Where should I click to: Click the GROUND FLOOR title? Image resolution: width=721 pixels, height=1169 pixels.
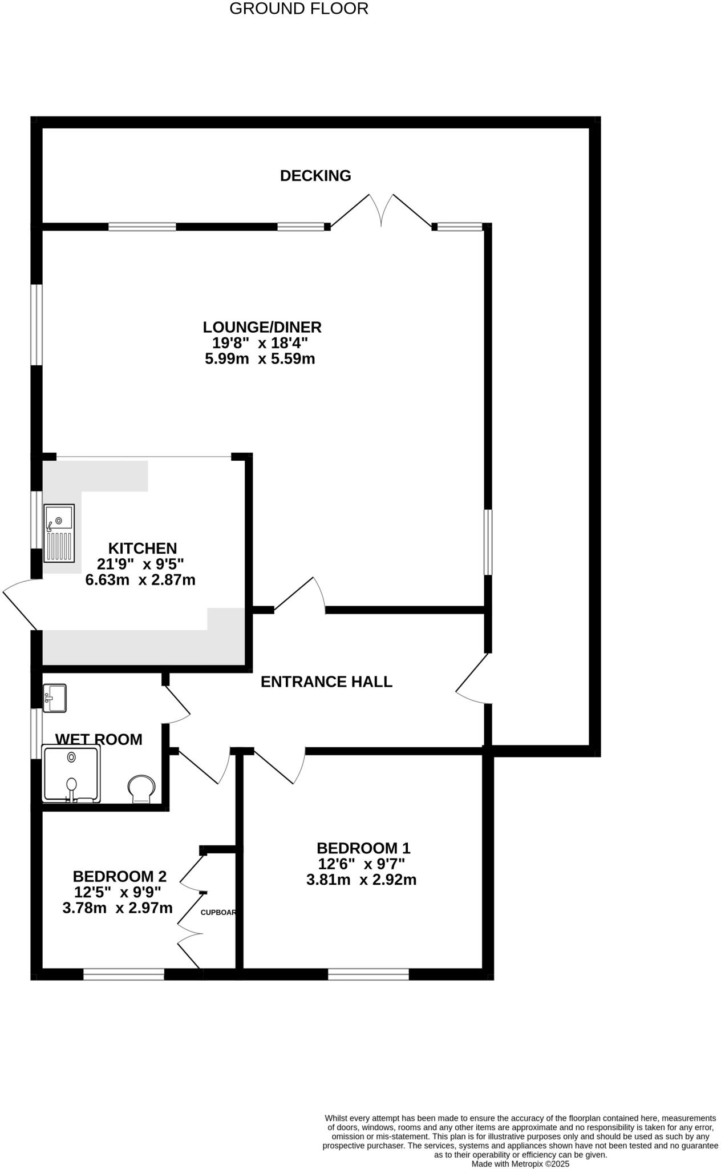click(298, 9)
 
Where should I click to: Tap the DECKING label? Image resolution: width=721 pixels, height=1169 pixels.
click(315, 176)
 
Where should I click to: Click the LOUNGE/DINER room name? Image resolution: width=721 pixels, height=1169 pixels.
click(262, 327)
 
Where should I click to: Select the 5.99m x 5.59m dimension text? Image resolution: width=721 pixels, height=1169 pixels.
click(260, 359)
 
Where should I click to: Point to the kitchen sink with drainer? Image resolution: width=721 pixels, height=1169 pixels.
click(59, 532)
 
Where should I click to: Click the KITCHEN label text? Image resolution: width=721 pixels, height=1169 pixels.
click(142, 549)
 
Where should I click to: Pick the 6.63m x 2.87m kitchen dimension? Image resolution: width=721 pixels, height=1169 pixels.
click(140, 581)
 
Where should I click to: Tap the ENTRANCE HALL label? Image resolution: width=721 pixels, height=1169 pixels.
click(326, 682)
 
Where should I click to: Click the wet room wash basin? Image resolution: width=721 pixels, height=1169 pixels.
click(55, 698)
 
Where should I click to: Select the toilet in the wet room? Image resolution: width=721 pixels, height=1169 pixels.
click(141, 788)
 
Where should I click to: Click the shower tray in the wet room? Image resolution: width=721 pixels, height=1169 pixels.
click(71, 773)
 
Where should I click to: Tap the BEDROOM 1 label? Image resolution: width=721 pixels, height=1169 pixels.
click(363, 848)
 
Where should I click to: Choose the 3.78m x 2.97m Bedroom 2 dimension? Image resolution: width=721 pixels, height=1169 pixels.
click(118, 908)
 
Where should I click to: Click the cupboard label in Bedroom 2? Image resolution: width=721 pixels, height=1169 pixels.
click(218, 913)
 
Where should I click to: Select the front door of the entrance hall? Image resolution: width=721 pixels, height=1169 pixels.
click(472, 679)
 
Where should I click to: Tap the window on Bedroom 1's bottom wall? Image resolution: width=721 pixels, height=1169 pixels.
click(368, 974)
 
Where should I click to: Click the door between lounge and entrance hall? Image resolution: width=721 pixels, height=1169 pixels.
click(299, 596)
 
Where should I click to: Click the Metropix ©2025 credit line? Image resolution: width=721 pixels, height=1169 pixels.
click(520, 1163)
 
